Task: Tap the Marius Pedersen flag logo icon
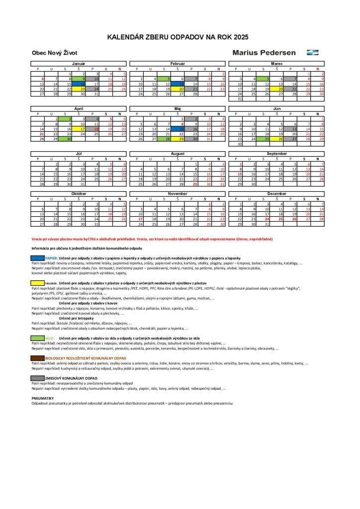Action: click(313, 52)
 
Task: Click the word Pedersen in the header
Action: click(278, 52)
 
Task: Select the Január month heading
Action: click(79, 64)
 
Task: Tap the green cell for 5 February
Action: click(169, 79)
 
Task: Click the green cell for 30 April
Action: click(69, 139)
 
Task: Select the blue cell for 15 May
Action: click(182, 129)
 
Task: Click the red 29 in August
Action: click(195, 184)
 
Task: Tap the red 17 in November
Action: click(141, 219)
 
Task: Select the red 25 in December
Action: click(281, 219)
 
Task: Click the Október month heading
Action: click(79, 194)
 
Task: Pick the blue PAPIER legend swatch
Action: click(38, 258)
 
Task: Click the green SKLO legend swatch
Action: click(38, 338)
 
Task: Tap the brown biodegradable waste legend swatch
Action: click(38, 358)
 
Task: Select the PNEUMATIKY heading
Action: click(42, 398)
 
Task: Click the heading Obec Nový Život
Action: click(54, 53)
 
